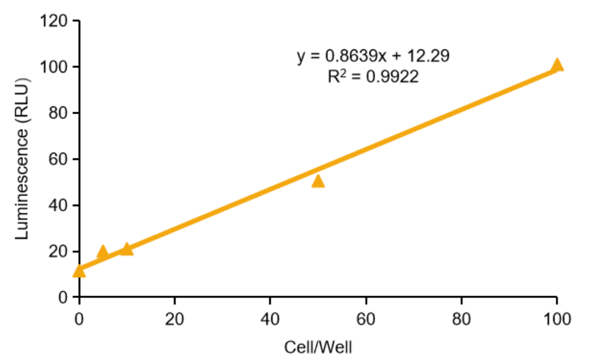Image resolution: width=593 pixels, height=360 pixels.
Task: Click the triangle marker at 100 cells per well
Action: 556,65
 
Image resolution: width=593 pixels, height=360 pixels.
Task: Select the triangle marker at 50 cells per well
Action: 318,181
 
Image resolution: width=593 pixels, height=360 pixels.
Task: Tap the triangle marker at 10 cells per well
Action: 127,248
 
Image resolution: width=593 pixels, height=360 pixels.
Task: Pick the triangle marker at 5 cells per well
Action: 102,251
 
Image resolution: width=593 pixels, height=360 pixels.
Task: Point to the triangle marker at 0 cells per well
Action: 79,271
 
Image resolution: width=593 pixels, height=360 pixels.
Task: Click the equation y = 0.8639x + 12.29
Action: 373,56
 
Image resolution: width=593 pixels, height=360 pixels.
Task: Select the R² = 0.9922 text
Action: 373,77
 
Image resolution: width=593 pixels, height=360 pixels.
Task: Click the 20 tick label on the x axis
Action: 174,319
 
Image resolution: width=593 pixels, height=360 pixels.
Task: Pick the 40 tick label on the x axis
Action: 270,319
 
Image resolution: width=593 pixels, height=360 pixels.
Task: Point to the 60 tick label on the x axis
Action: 366,319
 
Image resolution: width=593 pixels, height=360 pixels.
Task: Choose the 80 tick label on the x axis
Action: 461,319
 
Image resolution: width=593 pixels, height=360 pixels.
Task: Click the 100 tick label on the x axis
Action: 556,319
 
